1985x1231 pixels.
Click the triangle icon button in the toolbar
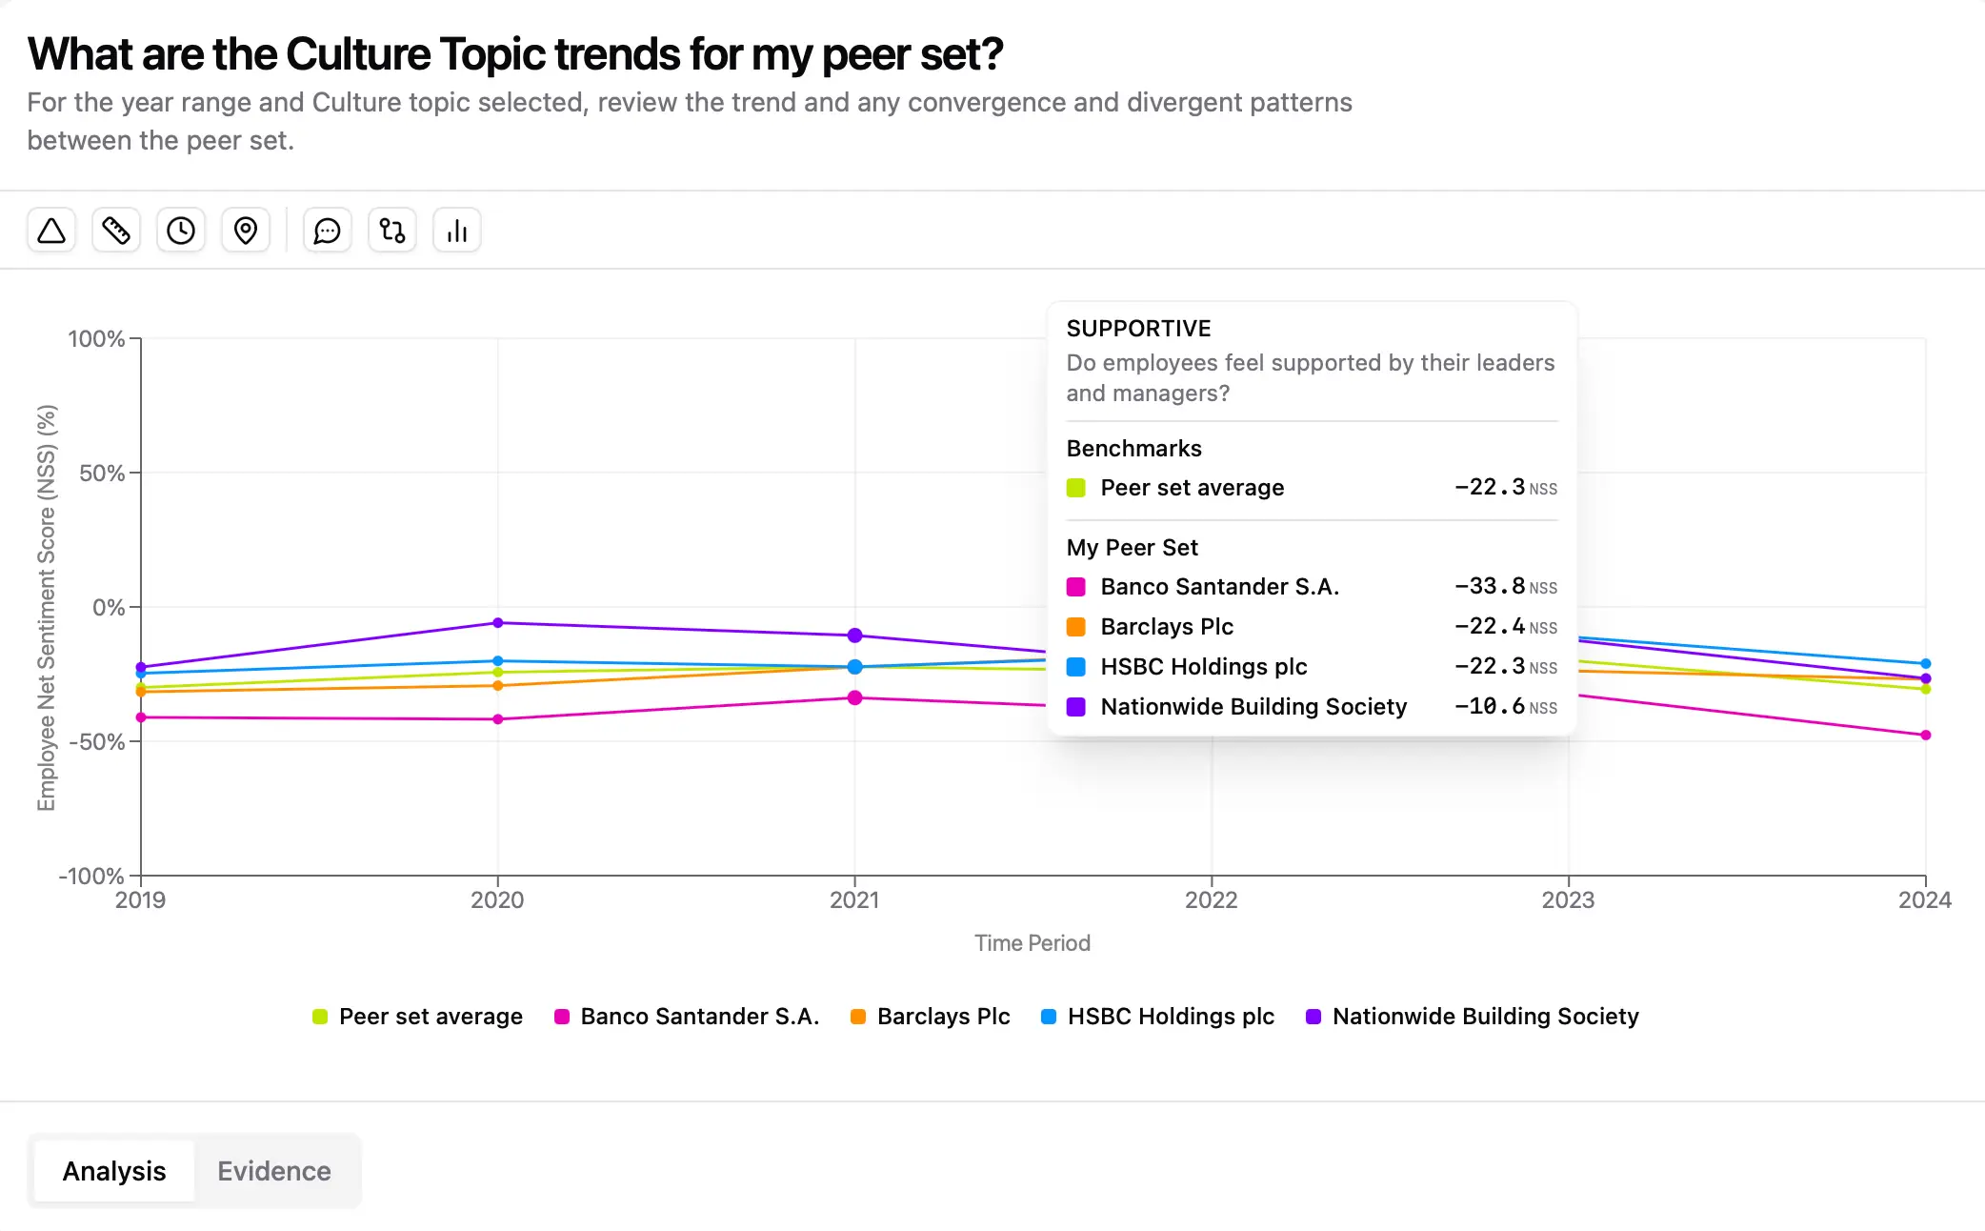(x=51, y=231)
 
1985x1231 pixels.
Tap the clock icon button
(x=181, y=231)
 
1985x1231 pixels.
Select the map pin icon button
(x=246, y=231)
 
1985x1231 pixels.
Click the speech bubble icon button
(x=328, y=231)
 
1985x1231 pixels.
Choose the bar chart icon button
(x=457, y=231)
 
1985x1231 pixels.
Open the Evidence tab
(x=274, y=1171)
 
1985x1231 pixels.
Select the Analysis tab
(x=114, y=1171)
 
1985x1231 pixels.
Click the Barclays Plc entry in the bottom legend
(x=931, y=1017)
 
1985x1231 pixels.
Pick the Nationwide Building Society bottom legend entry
(x=1473, y=1017)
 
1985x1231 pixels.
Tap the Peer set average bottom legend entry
(x=418, y=1017)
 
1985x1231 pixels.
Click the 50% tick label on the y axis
(x=102, y=474)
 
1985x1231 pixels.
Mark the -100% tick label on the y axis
(x=91, y=876)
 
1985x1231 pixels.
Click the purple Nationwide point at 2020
(x=498, y=623)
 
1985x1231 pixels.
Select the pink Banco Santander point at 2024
(x=1926, y=736)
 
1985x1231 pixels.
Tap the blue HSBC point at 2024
(x=1926, y=664)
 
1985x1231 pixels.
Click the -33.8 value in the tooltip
(x=1490, y=586)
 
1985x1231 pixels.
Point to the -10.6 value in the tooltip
(x=1490, y=706)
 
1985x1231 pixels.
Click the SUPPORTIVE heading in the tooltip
(x=1139, y=329)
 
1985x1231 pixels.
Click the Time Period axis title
(x=1033, y=943)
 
